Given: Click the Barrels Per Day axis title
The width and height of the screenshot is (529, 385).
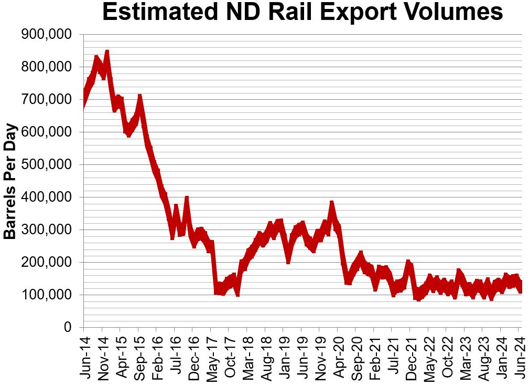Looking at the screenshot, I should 10,181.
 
